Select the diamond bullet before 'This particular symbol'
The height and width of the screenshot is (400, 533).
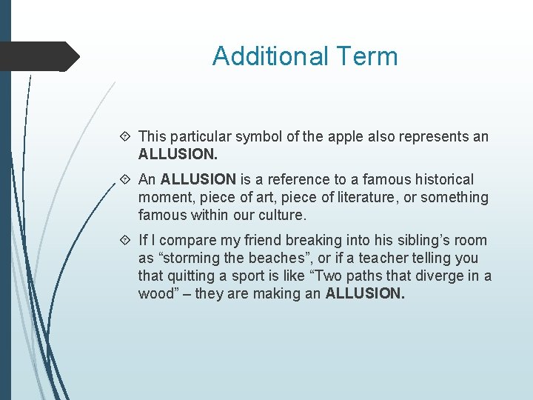pos(125,136)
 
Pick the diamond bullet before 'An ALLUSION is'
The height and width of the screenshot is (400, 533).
pos(125,179)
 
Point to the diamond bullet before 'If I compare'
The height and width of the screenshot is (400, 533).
pos(125,240)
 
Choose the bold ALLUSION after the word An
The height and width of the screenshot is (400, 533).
pos(198,179)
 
